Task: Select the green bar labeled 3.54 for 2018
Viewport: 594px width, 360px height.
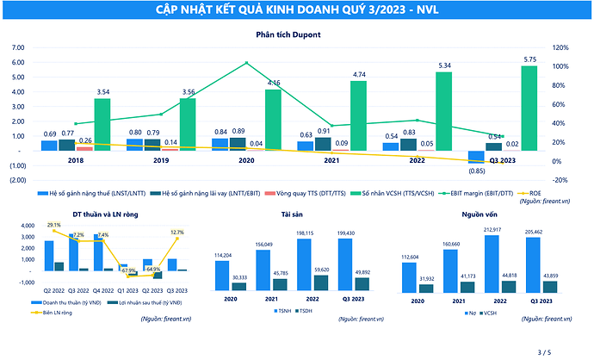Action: (102, 124)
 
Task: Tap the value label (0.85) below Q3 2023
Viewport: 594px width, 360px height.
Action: (476, 171)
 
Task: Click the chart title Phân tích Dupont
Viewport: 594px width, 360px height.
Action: (288, 34)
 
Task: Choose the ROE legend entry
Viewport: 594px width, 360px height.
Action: (535, 194)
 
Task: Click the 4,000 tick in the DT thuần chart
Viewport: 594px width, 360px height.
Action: (26, 226)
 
